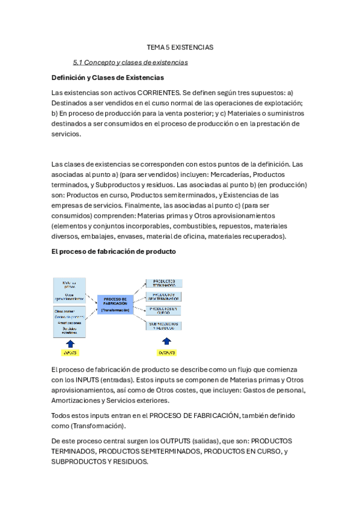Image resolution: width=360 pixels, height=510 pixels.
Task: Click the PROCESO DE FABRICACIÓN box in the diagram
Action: (115, 304)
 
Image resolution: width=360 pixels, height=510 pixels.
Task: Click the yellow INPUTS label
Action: (71, 352)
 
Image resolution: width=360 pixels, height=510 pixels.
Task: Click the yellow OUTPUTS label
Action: (167, 352)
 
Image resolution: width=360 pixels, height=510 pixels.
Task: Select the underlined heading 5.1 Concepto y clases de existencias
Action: (130, 62)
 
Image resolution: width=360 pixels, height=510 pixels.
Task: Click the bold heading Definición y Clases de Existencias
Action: (108, 78)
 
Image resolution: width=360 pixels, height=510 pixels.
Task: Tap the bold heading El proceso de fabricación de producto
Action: (114, 252)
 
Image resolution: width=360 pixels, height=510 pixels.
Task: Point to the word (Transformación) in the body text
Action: (99, 426)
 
